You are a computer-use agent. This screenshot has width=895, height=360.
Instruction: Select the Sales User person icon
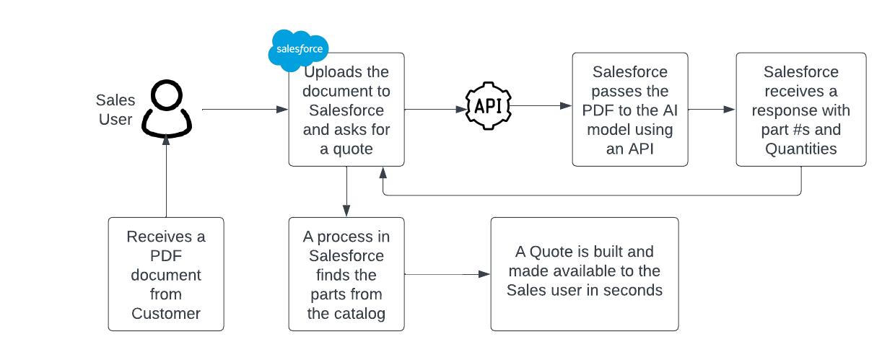pos(167,109)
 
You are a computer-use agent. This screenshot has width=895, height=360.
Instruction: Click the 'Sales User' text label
pos(115,110)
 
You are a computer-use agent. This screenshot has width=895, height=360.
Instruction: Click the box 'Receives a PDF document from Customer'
pos(166,274)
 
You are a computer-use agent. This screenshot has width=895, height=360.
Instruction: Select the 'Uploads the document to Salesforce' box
pos(346,110)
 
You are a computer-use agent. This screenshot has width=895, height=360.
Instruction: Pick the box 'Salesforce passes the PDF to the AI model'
pos(629,110)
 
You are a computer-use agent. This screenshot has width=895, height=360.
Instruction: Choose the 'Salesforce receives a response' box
pos(800,110)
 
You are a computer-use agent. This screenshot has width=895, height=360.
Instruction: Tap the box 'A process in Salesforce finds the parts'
pos(346,274)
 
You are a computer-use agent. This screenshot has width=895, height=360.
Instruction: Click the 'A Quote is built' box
pos(584,274)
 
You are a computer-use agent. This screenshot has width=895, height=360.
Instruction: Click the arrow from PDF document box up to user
pos(166,177)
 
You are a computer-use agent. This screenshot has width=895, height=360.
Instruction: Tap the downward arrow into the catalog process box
pos(346,191)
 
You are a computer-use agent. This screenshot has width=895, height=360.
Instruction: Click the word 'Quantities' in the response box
pos(800,149)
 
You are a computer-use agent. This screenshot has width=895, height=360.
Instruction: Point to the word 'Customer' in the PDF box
pos(166,313)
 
